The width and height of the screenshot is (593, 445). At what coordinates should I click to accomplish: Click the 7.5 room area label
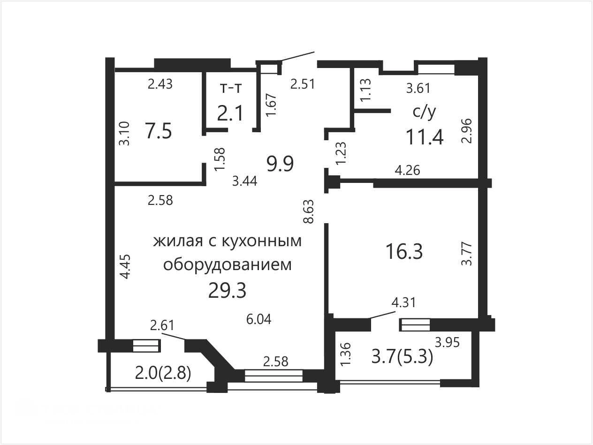(x=159, y=131)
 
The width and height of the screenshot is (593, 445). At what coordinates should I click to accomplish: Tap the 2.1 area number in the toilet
(x=230, y=113)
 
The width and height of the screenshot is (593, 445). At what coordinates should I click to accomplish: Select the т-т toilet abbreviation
(x=230, y=88)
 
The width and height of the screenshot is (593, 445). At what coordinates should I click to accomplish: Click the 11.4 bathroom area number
(x=425, y=137)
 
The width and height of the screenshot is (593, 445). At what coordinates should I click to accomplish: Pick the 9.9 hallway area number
(x=280, y=164)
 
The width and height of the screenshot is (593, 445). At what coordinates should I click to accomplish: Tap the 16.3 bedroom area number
(x=404, y=251)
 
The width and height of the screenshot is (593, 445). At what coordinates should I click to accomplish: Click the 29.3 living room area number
(x=227, y=291)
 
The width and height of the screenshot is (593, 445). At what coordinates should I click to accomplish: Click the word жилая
(x=178, y=241)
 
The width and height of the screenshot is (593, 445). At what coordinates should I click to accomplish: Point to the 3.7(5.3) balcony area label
(x=402, y=357)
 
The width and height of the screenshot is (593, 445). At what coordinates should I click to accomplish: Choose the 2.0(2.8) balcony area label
(x=163, y=373)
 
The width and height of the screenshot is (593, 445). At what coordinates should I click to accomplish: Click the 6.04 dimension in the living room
(x=259, y=319)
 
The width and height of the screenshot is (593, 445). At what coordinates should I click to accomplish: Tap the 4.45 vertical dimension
(x=126, y=266)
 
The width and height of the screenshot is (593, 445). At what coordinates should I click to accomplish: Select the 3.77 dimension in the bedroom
(x=467, y=254)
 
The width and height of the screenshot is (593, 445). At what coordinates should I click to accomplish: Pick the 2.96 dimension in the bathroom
(x=467, y=131)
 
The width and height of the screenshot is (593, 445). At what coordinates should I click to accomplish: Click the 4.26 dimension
(x=407, y=170)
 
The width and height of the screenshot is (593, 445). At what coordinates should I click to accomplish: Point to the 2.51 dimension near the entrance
(x=303, y=84)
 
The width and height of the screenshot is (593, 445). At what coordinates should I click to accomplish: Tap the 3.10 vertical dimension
(x=124, y=133)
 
